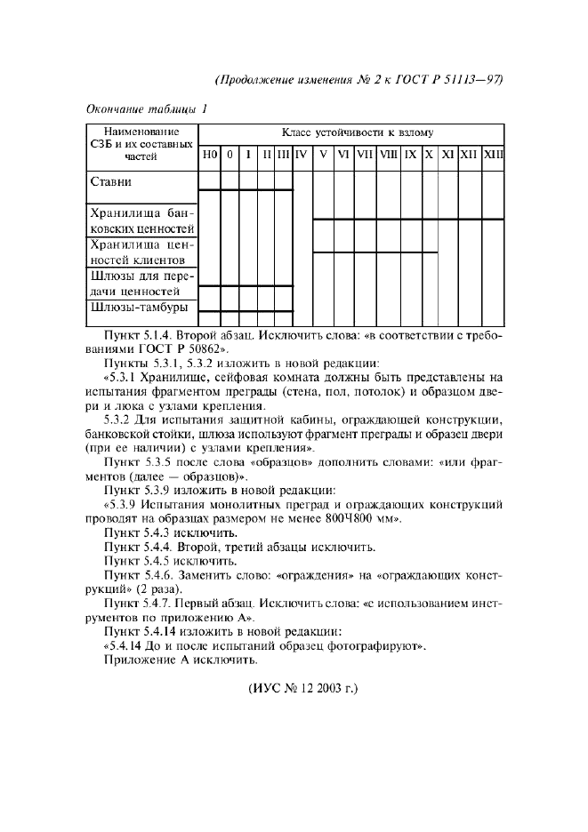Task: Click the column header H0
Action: click(x=209, y=155)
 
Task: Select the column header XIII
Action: click(x=494, y=155)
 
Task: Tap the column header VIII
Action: click(x=389, y=155)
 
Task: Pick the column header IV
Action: click(x=302, y=155)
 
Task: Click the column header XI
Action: click(x=448, y=155)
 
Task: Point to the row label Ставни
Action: click(x=111, y=182)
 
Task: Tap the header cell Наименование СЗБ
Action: click(x=141, y=132)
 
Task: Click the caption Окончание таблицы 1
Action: click(x=146, y=109)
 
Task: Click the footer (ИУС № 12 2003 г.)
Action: click(x=294, y=687)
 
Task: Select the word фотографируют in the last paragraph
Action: click(x=372, y=646)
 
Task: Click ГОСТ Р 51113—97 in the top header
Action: click(x=455, y=79)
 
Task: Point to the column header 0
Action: click(x=230, y=155)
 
